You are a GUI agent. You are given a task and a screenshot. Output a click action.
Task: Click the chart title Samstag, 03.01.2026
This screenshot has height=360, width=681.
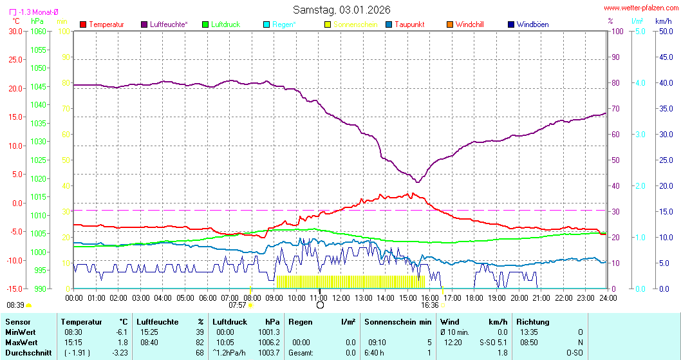(x=341, y=10)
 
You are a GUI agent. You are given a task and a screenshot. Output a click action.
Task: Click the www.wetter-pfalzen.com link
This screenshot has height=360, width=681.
(x=641, y=8)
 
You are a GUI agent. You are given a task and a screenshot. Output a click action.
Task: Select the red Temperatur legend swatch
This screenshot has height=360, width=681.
(x=83, y=24)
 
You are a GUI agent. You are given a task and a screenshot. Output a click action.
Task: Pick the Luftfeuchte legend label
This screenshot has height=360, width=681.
(x=169, y=24)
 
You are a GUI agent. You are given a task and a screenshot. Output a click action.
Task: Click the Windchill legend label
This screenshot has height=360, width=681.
(x=469, y=24)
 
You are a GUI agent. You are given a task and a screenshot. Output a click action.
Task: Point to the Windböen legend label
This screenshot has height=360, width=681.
(x=532, y=24)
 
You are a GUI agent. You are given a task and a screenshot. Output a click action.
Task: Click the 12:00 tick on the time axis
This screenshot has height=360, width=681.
(x=341, y=298)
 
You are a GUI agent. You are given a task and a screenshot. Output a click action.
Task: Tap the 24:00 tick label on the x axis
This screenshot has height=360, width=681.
(x=608, y=298)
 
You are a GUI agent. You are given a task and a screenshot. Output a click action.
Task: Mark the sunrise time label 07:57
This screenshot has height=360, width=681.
(x=238, y=305)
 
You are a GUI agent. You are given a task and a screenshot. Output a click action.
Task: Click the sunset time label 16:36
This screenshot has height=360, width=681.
(x=430, y=305)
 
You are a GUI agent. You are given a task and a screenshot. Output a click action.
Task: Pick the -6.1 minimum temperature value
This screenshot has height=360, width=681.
(x=120, y=332)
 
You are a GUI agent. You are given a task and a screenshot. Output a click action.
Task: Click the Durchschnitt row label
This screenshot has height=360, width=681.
(x=26, y=352)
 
